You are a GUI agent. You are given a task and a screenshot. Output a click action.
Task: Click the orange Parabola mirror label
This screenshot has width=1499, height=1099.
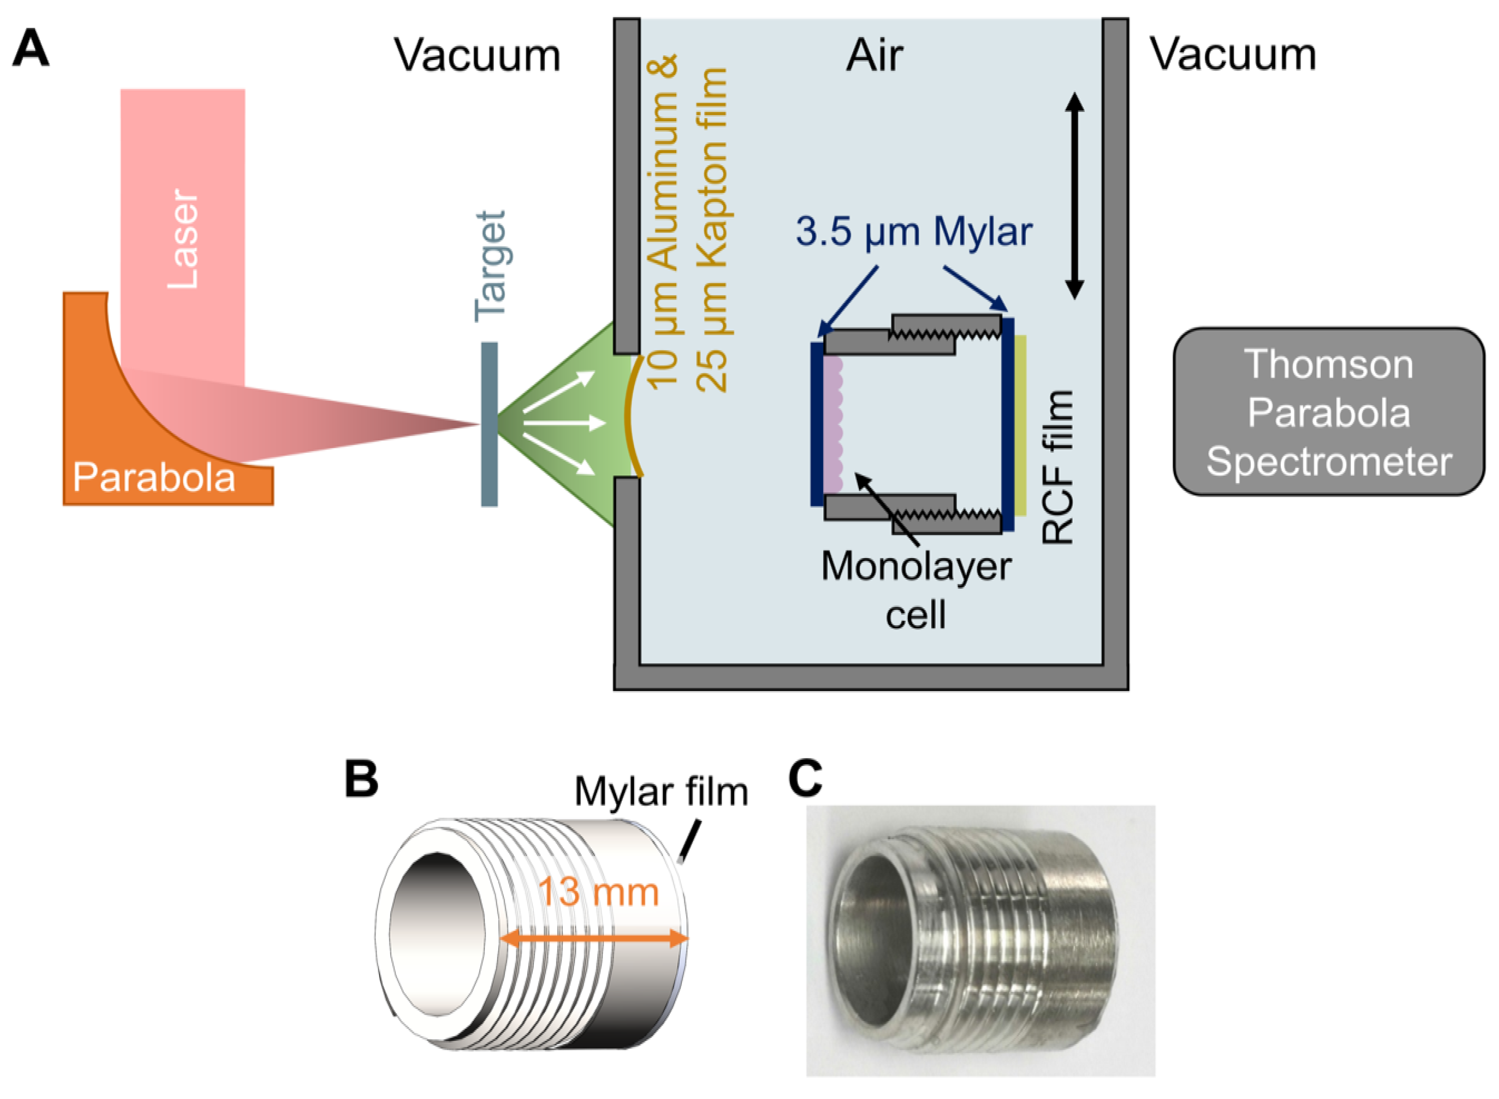click(x=154, y=477)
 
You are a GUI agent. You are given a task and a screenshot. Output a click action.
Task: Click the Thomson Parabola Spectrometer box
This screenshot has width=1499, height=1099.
click(x=1328, y=413)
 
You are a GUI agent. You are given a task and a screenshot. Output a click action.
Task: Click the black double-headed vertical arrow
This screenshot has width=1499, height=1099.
click(x=1075, y=196)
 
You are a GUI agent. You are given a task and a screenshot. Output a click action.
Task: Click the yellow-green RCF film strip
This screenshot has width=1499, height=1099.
click(x=1021, y=426)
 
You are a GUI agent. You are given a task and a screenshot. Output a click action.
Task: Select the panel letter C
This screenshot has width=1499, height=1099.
click(x=804, y=778)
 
